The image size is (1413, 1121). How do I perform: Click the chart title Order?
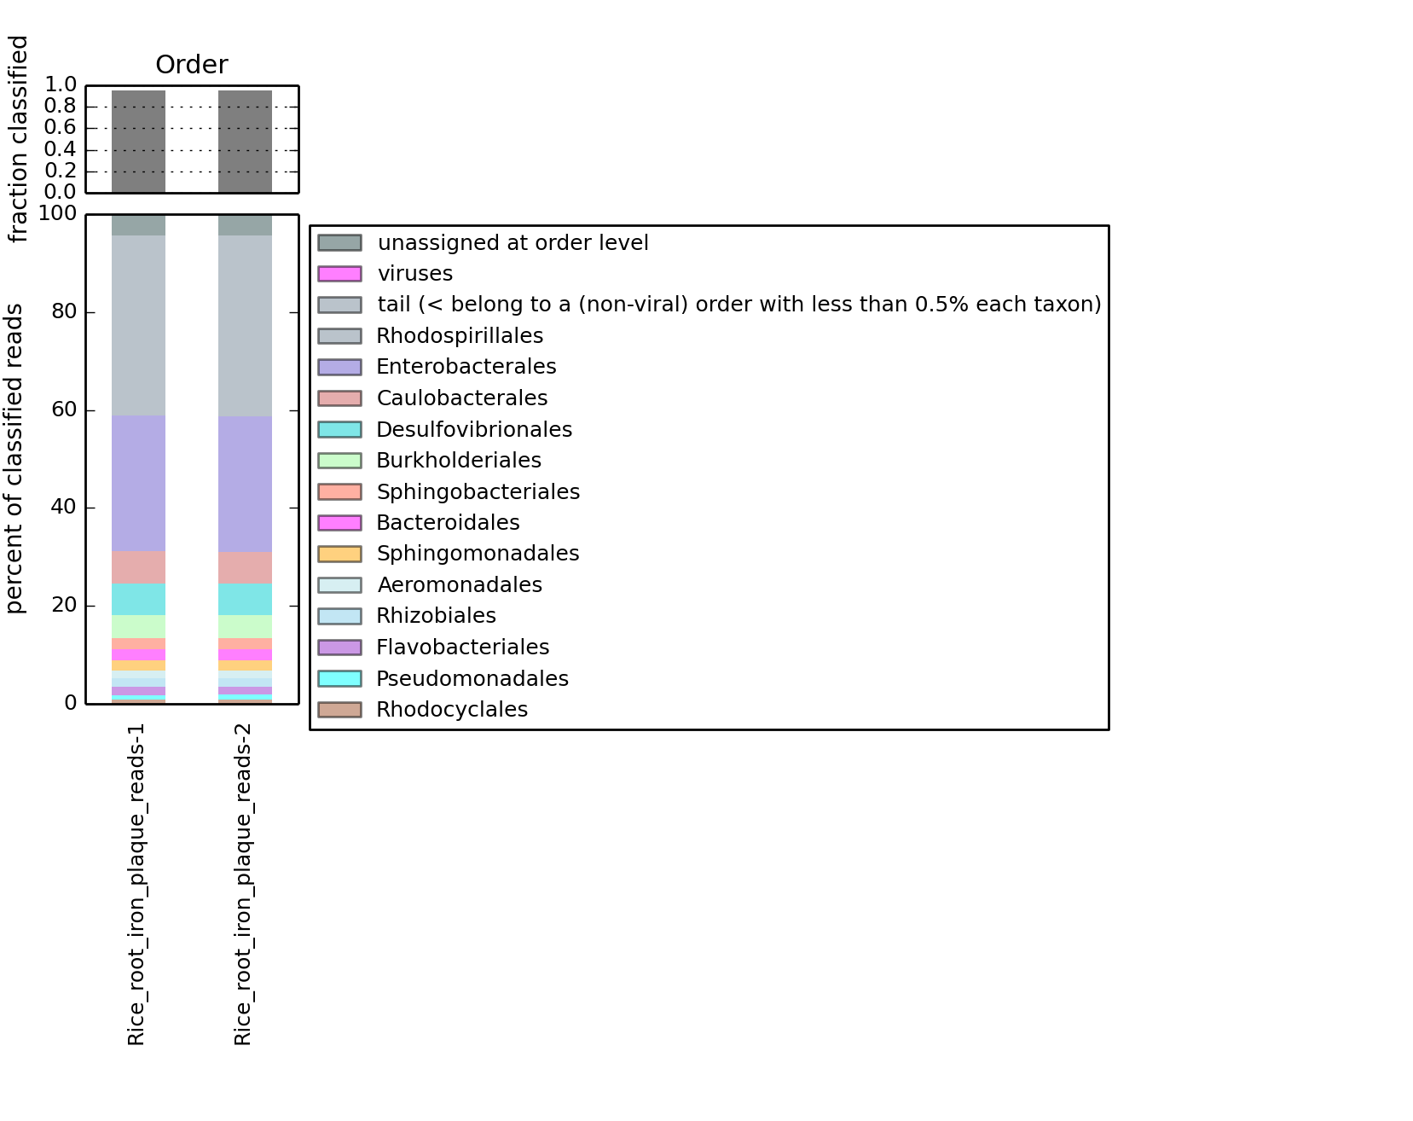coord(192,65)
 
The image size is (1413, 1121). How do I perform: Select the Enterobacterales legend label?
coord(466,367)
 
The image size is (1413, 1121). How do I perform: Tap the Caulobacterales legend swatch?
coord(339,398)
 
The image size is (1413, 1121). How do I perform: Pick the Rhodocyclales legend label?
coord(452,710)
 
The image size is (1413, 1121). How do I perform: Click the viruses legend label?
coord(415,274)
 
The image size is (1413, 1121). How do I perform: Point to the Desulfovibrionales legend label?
coord(474,430)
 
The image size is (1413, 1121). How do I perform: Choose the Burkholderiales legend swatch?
coord(339,461)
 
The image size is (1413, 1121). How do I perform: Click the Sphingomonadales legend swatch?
coord(339,554)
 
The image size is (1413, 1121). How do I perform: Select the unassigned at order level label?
coord(513,243)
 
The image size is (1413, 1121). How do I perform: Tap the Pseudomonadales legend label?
coord(472,679)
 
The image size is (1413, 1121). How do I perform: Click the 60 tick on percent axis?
coord(64,409)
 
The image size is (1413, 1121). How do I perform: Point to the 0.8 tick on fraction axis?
coord(61,106)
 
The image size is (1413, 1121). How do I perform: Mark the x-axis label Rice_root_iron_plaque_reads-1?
coord(136,885)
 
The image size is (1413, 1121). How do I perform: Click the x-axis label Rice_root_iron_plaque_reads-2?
coord(243,885)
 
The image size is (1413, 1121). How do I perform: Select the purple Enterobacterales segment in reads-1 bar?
coord(138,483)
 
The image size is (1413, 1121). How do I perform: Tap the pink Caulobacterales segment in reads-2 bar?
coord(245,567)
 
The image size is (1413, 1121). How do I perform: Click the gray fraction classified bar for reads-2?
coord(245,142)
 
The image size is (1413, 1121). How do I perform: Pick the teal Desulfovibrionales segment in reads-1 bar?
coord(138,599)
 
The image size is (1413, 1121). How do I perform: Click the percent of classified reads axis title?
coord(15,458)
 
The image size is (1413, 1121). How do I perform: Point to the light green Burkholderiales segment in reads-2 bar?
coord(245,626)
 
